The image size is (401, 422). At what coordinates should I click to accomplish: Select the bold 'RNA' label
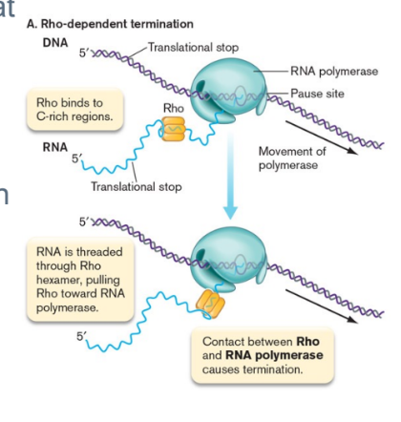point(55,148)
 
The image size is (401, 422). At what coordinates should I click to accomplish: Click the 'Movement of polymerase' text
point(294,158)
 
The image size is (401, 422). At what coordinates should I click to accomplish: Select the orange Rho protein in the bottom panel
point(209,303)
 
